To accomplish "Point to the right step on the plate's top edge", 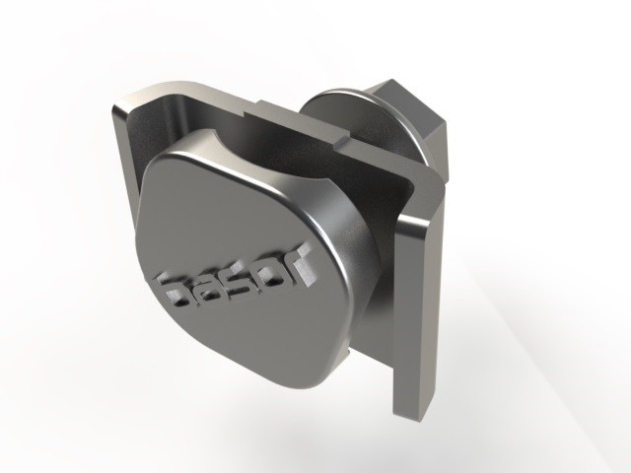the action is pos(342,141).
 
